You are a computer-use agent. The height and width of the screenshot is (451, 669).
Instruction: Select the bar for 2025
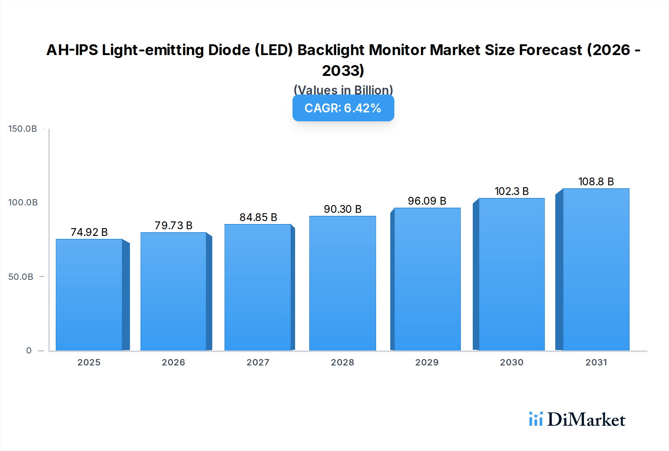pyautogui.click(x=89, y=295)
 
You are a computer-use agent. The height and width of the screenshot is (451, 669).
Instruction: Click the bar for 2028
pyautogui.click(x=342, y=283)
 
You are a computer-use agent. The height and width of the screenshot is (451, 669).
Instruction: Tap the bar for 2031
pyautogui.click(x=596, y=269)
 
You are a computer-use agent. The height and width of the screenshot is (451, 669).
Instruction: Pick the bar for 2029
pyautogui.click(x=427, y=279)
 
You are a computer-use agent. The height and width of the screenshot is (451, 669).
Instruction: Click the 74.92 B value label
pyautogui.click(x=89, y=232)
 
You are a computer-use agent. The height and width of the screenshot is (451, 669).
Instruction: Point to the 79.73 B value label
pyautogui.click(x=174, y=225)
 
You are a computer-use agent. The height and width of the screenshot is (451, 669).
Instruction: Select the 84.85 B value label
pyautogui.click(x=258, y=217)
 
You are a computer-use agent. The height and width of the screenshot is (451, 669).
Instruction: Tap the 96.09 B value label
pyautogui.click(x=427, y=201)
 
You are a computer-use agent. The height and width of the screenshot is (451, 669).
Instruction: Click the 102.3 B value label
pyautogui.click(x=512, y=191)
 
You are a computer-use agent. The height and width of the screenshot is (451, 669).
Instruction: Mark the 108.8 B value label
pyautogui.click(x=596, y=182)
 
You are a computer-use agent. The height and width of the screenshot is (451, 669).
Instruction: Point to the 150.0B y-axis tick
pyautogui.click(x=23, y=129)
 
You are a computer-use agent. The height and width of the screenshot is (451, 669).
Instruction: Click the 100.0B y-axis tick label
pyautogui.click(x=23, y=202)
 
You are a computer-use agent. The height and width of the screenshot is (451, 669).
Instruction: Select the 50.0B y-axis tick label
pyautogui.click(x=21, y=277)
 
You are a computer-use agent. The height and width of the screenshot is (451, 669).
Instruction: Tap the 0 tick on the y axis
pyautogui.click(x=29, y=351)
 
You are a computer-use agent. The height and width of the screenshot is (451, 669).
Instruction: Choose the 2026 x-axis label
pyautogui.click(x=174, y=362)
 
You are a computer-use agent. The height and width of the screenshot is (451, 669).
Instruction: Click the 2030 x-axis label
pyautogui.click(x=512, y=362)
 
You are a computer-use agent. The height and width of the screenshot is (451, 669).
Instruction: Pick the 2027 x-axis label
pyautogui.click(x=258, y=362)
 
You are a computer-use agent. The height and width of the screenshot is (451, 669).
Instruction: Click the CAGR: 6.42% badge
pyautogui.click(x=343, y=108)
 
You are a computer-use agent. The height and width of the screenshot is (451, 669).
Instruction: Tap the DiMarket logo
pyautogui.click(x=577, y=419)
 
